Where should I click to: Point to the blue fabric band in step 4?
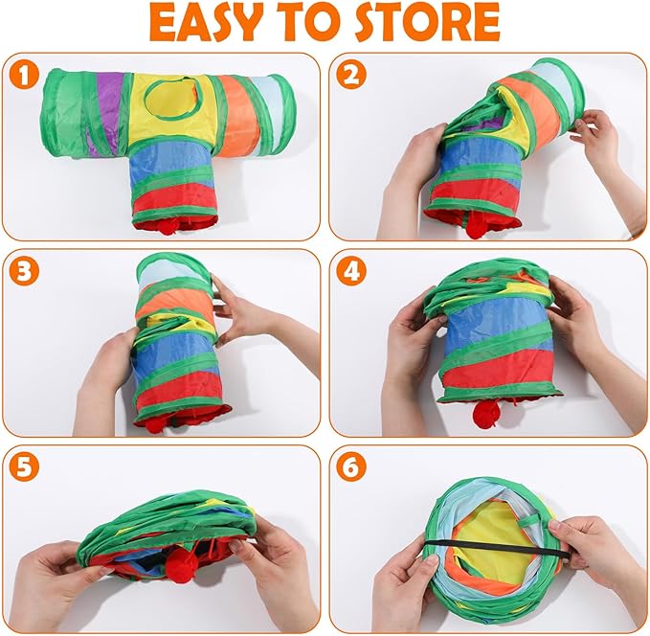coord(491,326)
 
